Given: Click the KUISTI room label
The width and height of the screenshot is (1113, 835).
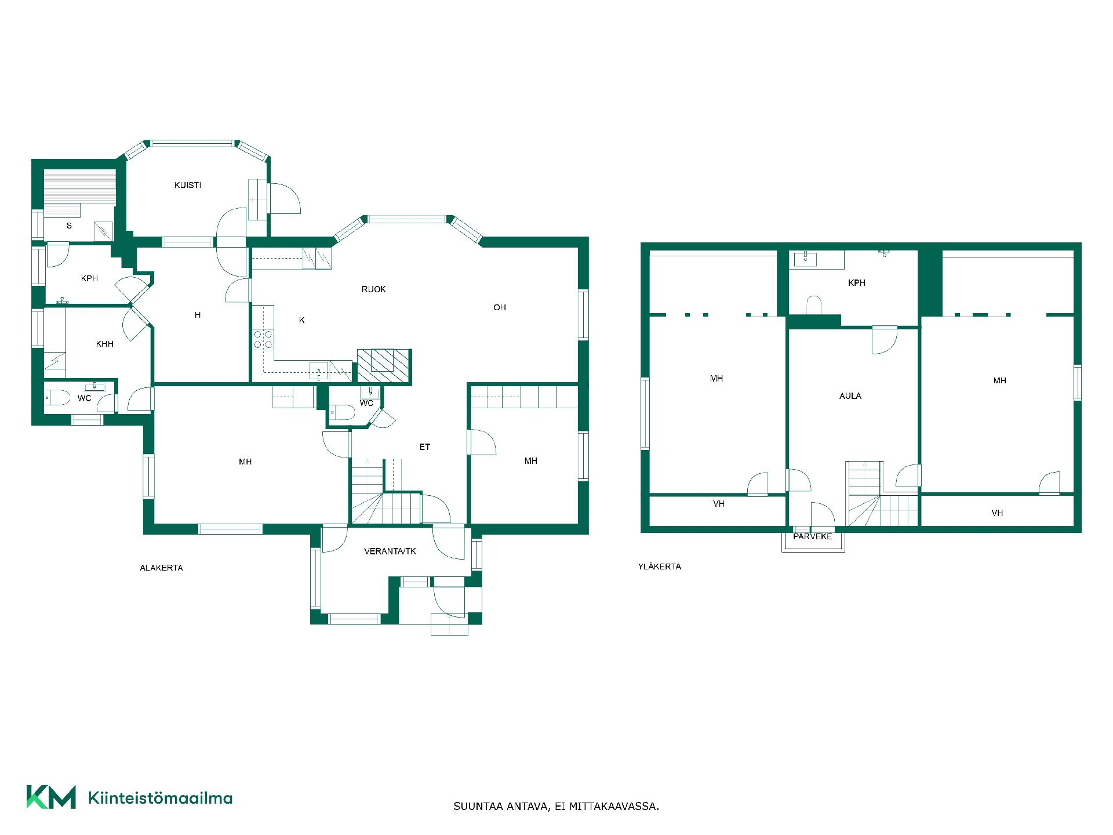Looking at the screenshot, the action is [188, 185].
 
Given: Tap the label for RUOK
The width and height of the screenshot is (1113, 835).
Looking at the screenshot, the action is [373, 289].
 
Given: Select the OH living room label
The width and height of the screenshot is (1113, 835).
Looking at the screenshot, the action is [500, 307].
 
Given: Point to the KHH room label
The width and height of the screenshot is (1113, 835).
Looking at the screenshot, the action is [105, 344].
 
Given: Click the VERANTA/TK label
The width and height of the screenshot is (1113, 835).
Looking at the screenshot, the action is [390, 551].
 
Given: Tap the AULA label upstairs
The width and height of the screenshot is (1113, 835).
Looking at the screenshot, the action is [850, 396].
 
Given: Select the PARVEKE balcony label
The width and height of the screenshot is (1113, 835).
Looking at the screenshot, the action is [813, 536].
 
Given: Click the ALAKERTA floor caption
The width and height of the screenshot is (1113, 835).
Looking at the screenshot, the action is [161, 568].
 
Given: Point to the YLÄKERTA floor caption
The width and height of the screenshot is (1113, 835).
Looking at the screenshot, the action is [660, 566].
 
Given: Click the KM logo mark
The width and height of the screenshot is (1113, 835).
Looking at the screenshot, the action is [51, 797].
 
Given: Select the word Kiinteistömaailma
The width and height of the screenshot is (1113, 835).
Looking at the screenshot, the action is [160, 798].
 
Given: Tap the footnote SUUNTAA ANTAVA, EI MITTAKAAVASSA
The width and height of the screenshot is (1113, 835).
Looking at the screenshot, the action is [556, 806].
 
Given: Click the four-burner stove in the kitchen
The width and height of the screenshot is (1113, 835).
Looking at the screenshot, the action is [263, 339].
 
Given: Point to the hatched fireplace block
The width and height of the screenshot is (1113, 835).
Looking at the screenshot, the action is [384, 367].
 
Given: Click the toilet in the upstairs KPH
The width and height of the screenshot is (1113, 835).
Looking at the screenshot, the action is [814, 304].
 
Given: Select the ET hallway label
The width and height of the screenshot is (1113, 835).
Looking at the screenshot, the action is [425, 447].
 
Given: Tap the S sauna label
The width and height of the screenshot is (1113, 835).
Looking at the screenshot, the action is [69, 226].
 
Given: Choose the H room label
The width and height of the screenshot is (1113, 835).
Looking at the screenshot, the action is [198, 315].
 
